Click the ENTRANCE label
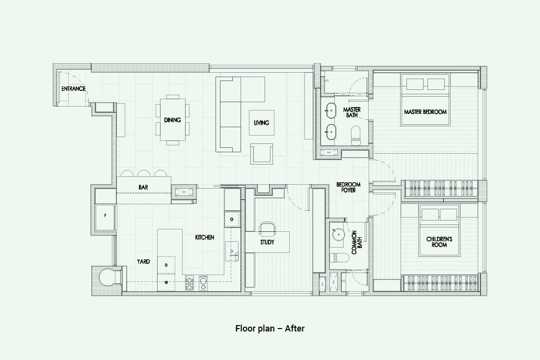pyautogui.click(x=73, y=88)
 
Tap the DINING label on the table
pyautogui.click(x=172, y=120)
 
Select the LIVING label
pyautogui.click(x=261, y=123)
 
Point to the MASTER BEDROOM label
pyautogui.click(x=425, y=111)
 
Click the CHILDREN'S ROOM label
pyautogui.click(x=439, y=242)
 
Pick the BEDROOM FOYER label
pyautogui.click(x=348, y=187)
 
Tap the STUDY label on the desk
pyautogui.click(x=267, y=242)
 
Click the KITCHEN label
pyautogui.click(x=205, y=237)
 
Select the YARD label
pyautogui.click(x=143, y=261)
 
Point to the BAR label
pyautogui.click(x=143, y=187)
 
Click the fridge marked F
pyautogui.click(x=105, y=216)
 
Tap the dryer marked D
pyautogui.click(x=166, y=265)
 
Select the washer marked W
pyautogui.click(x=166, y=282)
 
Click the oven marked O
pyautogui.click(x=232, y=219)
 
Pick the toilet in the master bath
pyautogui.click(x=355, y=136)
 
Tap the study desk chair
pyautogui.click(x=267, y=227)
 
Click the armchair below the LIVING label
pyautogui.click(x=262, y=154)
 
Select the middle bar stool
pyautogui.click(x=143, y=173)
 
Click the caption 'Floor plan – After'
pyautogui.click(x=270, y=328)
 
